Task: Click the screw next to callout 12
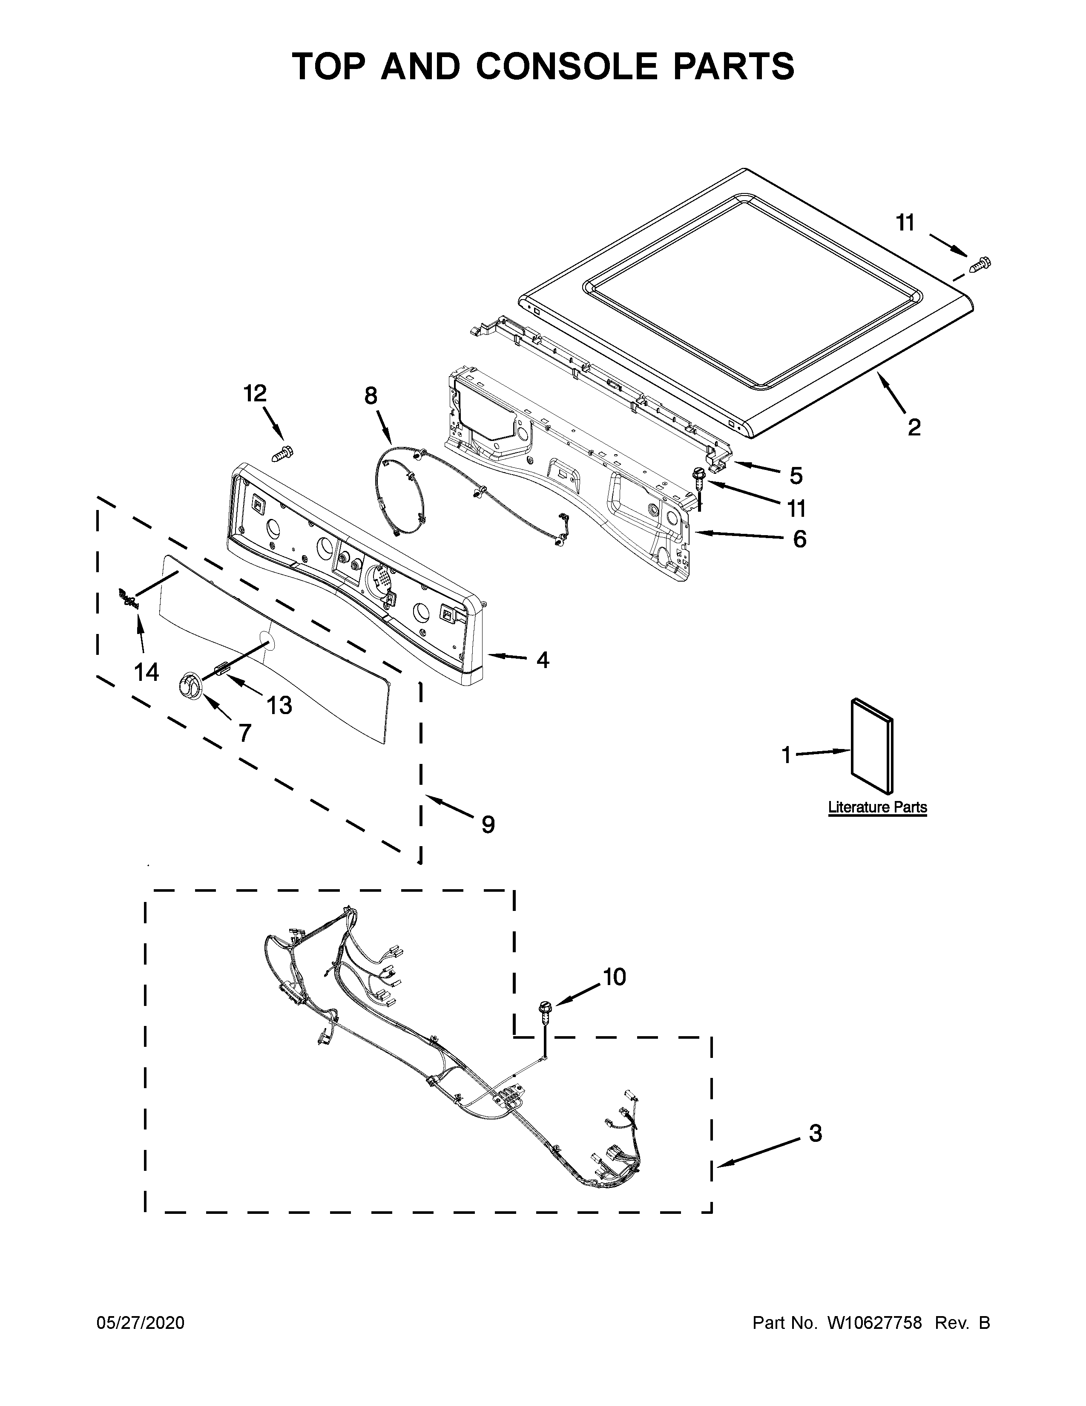[x=282, y=452]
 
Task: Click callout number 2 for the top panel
[x=914, y=427]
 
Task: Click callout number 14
[x=147, y=671]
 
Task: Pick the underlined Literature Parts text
[x=877, y=807]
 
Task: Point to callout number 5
[x=796, y=476]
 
